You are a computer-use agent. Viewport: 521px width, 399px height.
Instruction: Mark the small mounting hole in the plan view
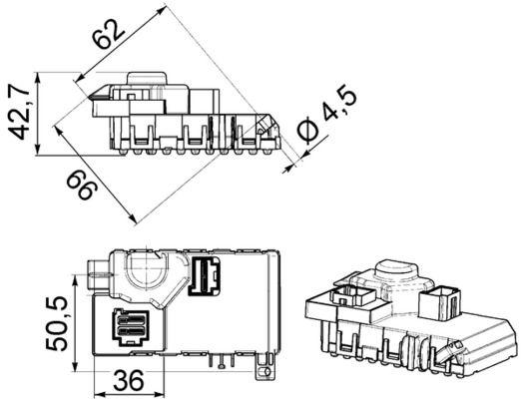tap(263, 370)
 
